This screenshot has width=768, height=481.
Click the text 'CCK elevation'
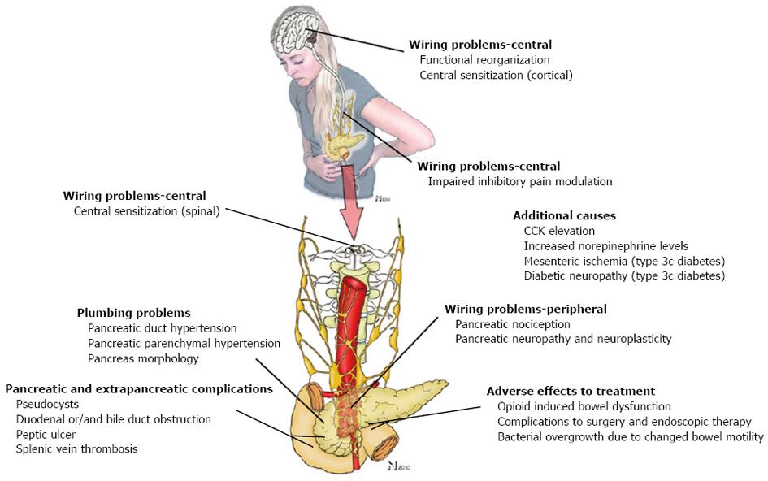tap(560, 231)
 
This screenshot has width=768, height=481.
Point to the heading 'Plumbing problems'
tap(133, 313)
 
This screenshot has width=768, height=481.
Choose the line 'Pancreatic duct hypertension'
tap(162, 328)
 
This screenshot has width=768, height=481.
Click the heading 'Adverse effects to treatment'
tap(571, 391)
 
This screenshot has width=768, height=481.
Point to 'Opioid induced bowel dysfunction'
tap(584, 406)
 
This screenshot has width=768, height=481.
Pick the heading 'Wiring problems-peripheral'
tap(526, 309)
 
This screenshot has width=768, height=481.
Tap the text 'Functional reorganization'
tap(484, 59)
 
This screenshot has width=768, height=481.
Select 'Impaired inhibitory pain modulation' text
tap(520, 181)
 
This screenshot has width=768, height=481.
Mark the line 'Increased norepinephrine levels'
tap(605, 245)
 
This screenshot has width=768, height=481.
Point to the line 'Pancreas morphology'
tap(143, 358)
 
